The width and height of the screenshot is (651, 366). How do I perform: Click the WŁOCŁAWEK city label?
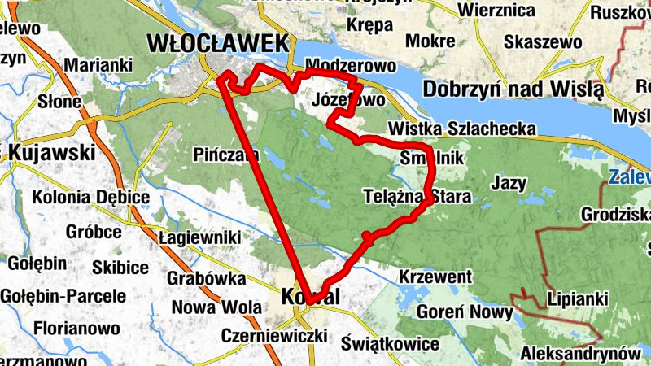(217, 42)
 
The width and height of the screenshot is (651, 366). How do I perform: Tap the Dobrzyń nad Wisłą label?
(513, 88)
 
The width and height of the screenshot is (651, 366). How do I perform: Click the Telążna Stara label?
(409, 195)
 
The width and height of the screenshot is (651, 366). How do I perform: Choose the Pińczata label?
(227, 154)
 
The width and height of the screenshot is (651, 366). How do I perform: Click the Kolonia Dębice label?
(91, 197)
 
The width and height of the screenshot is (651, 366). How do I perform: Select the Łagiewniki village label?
(199, 237)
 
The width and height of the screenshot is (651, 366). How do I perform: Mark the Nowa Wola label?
(216, 307)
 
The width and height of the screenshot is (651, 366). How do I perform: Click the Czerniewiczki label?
(274, 336)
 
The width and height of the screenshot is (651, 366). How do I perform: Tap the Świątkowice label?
(391, 343)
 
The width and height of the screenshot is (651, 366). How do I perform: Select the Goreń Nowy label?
(465, 312)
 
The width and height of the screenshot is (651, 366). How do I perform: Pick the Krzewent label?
(435, 277)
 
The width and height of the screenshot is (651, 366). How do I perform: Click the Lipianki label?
(578, 299)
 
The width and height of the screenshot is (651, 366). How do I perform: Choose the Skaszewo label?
(543, 41)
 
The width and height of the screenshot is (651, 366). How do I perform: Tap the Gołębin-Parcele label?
(63, 296)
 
